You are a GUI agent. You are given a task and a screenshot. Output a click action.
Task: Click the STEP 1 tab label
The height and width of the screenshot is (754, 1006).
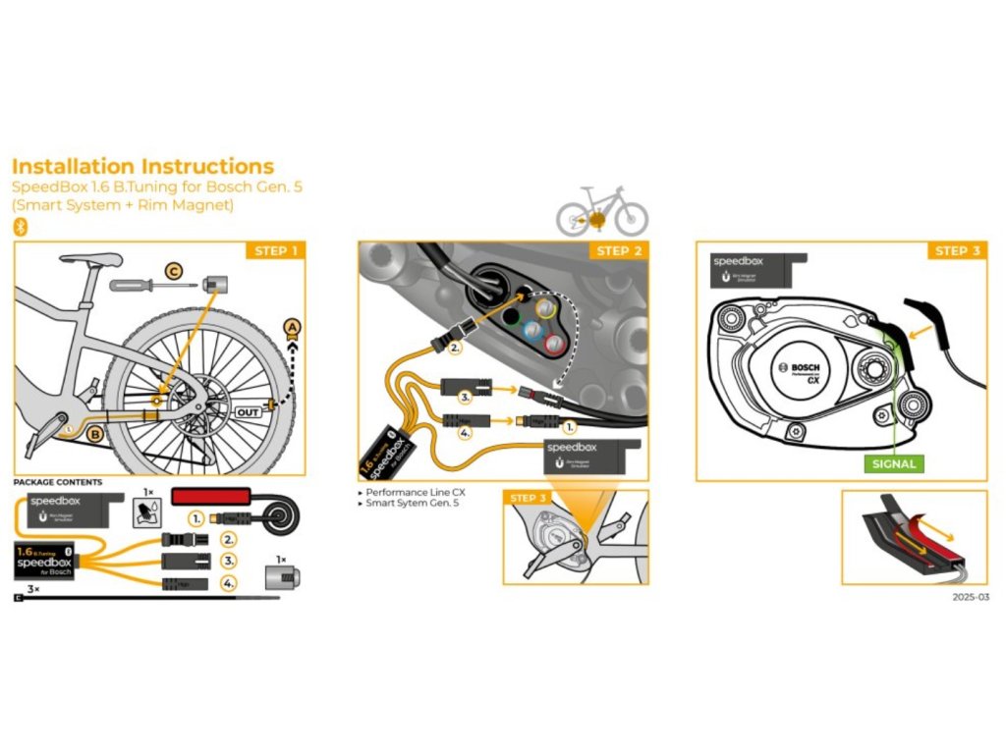pyautogui.click(x=275, y=251)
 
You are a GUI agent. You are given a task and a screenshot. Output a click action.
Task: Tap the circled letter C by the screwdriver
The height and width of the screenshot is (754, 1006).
pyautogui.click(x=172, y=271)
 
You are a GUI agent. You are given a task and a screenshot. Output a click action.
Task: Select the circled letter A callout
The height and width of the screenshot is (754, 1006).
pyautogui.click(x=291, y=326)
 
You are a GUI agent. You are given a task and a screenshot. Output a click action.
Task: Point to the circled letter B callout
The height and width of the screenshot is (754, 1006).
pyautogui.click(x=95, y=433)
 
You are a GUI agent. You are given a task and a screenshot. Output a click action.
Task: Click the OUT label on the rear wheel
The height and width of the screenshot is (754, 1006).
pyautogui.click(x=249, y=412)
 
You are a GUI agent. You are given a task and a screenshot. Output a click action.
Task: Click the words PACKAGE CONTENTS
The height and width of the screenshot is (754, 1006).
pyautogui.click(x=57, y=482)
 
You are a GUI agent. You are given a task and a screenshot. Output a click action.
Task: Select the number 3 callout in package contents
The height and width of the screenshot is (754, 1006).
pyautogui.click(x=229, y=561)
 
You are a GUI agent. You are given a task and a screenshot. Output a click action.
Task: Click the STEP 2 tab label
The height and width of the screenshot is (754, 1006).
pyautogui.click(x=619, y=251)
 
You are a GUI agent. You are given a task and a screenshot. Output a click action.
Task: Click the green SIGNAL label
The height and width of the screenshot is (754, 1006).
pyautogui.click(x=893, y=463)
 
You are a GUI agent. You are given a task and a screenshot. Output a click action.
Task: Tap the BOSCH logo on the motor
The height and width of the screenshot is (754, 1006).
pyautogui.click(x=805, y=366)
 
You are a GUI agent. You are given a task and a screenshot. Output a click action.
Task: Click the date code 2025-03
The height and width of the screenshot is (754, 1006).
pyautogui.click(x=969, y=596)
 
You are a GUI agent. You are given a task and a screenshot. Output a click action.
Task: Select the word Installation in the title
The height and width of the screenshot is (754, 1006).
pyautogui.click(x=73, y=166)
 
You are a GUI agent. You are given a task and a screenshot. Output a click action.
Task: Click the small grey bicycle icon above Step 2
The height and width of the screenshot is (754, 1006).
pyautogui.click(x=602, y=211)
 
